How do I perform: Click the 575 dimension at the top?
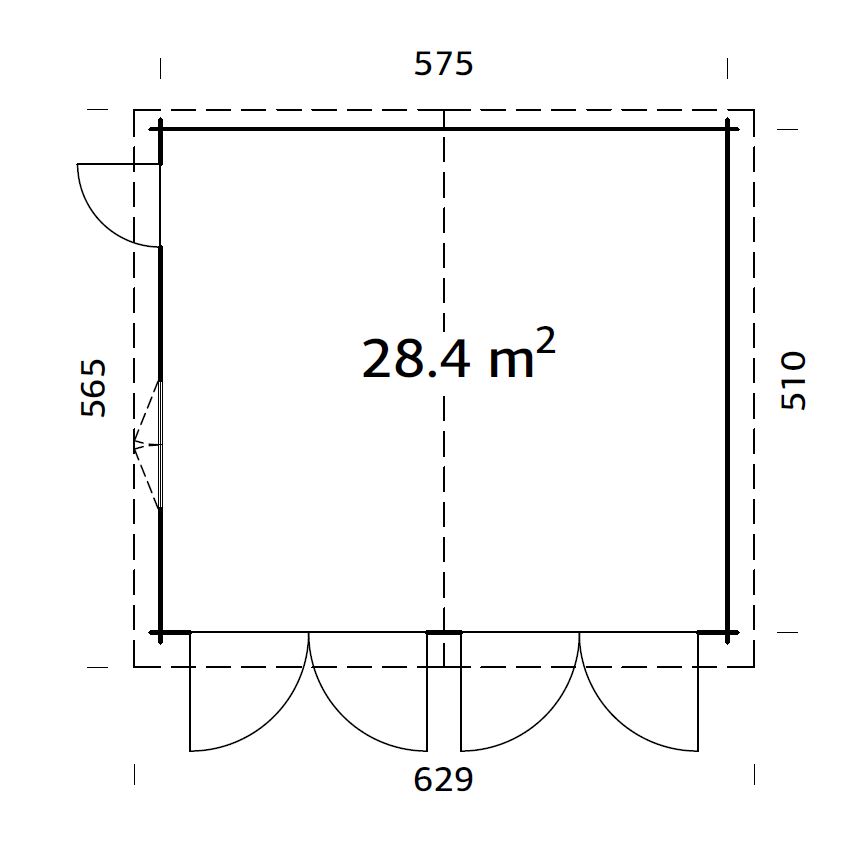click(x=443, y=65)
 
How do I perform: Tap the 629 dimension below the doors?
click(x=443, y=779)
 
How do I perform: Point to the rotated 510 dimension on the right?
click(x=792, y=380)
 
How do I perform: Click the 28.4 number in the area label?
click(x=415, y=359)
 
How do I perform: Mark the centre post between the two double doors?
click(x=443, y=633)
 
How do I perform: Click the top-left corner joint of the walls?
click(x=160, y=128)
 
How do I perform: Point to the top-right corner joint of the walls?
click(x=728, y=128)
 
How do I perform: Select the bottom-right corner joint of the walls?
click(x=728, y=633)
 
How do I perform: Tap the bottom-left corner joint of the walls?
click(x=160, y=633)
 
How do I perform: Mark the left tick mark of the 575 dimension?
click(x=160, y=68)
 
